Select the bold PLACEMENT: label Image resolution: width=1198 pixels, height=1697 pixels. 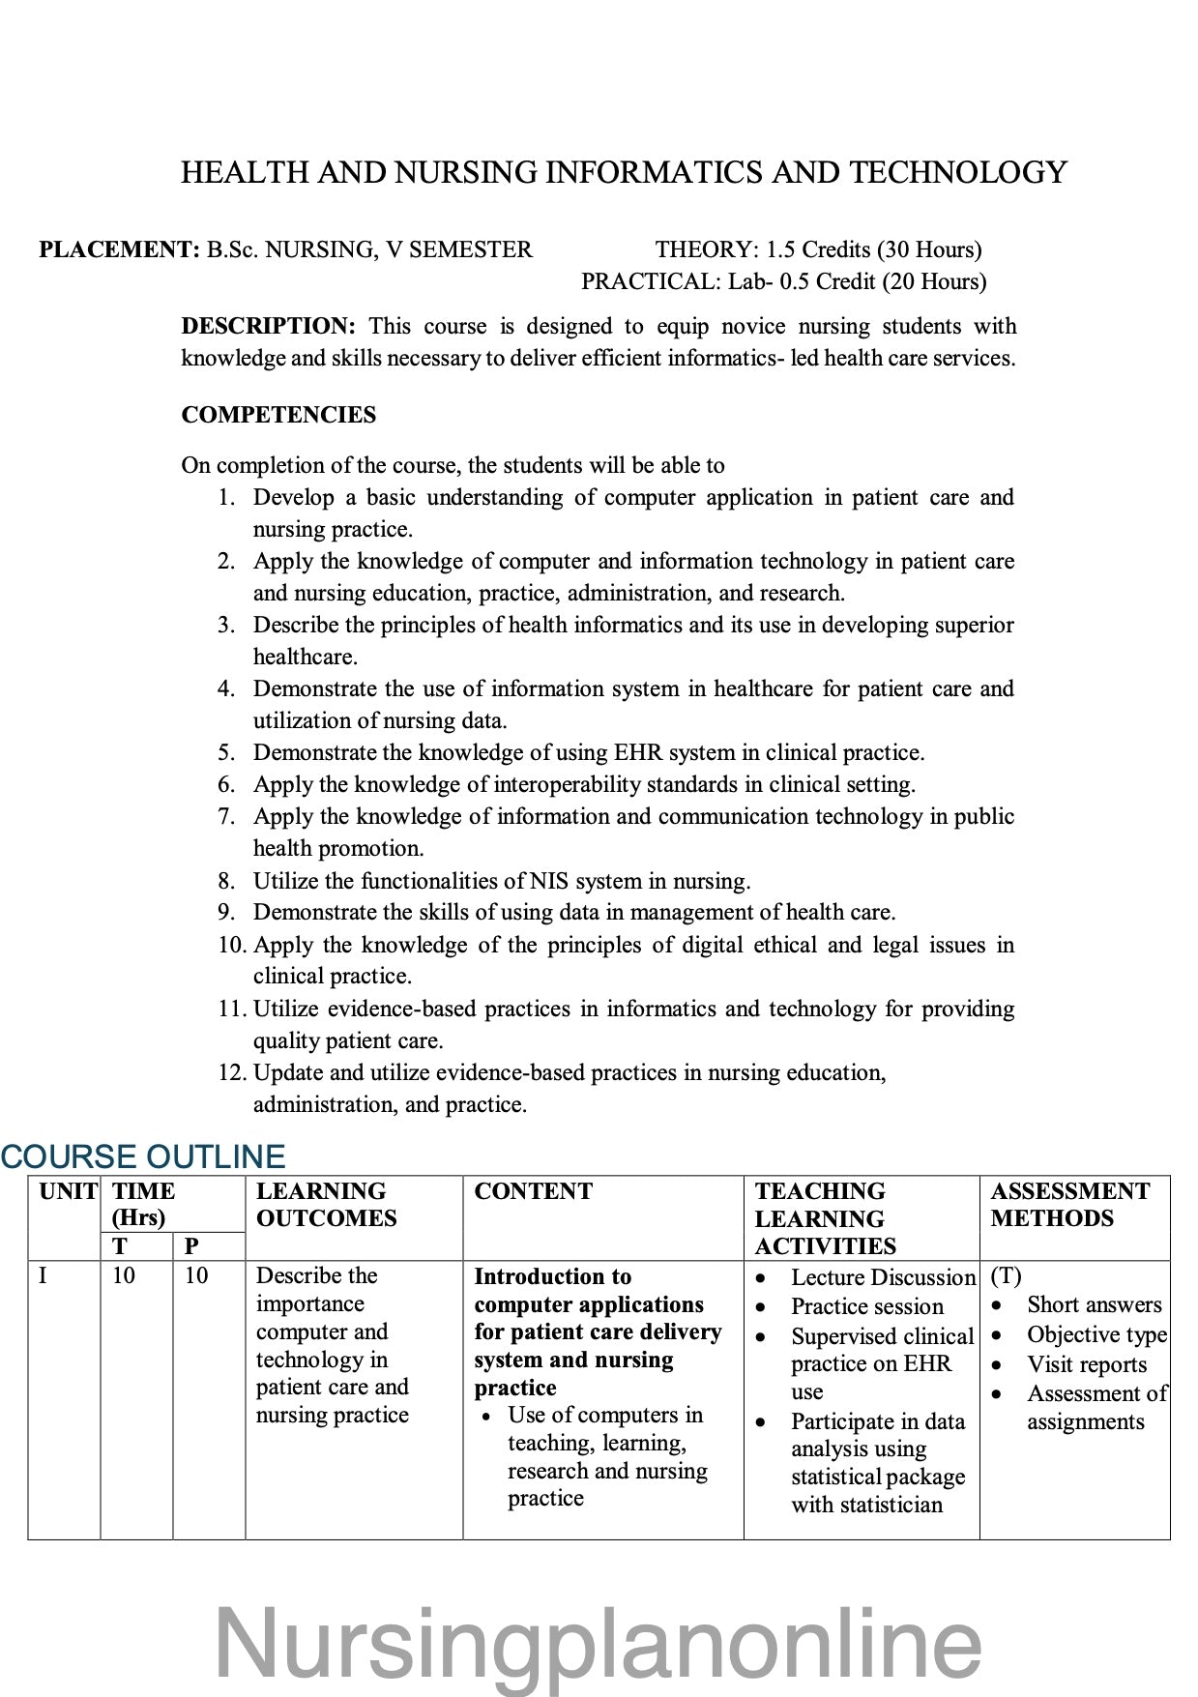coord(119,249)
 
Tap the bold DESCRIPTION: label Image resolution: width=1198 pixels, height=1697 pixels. coord(268,326)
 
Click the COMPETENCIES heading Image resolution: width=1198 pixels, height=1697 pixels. coord(278,415)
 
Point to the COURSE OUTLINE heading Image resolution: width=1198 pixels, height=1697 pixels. coord(143,1156)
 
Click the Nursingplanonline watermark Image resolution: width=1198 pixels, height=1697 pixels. coord(598,1643)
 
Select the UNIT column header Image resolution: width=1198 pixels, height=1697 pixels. coord(67,1191)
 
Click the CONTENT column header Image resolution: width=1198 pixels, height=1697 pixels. coord(533,1191)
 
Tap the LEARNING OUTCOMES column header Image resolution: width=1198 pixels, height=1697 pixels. coord(326,1205)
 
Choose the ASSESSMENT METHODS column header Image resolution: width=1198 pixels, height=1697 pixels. coord(1069,1205)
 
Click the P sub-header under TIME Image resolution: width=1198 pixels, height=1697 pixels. coord(191,1246)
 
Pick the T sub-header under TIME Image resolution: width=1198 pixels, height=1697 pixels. coord(119,1246)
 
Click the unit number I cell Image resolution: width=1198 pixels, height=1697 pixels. coord(43,1275)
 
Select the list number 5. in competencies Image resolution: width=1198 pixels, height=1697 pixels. coord(226,752)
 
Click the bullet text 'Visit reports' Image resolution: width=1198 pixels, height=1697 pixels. coord(1087,1364)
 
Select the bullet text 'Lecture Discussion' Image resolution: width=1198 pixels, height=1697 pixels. coord(883,1277)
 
